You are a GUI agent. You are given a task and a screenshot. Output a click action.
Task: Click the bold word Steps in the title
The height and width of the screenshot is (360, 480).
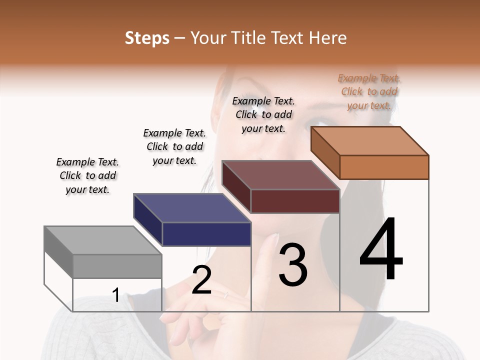[147, 38]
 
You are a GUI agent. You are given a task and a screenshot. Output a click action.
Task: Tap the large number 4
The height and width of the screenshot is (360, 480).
[381, 250]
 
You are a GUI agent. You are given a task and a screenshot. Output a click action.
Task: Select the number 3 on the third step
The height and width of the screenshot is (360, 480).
[293, 265]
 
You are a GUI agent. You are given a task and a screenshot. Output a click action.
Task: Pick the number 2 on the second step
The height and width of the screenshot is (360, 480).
[201, 280]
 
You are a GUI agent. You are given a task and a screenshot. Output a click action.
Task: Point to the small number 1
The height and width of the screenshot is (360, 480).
[115, 295]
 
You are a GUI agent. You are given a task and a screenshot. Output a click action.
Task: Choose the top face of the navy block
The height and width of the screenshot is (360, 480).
[192, 208]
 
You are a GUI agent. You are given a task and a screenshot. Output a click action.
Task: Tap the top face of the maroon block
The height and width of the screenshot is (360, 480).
[280, 175]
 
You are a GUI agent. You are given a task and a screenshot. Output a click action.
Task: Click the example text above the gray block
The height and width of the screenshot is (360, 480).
[87, 175]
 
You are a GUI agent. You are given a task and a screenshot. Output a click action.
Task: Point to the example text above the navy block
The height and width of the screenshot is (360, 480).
[174, 146]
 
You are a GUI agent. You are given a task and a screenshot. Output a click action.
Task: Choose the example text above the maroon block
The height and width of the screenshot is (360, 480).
[263, 114]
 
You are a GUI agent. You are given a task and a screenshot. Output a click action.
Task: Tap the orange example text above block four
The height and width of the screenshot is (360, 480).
[369, 91]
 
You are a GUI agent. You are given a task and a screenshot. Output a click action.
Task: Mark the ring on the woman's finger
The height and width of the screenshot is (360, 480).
[225, 295]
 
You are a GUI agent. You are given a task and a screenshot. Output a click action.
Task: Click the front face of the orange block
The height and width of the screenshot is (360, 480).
[384, 167]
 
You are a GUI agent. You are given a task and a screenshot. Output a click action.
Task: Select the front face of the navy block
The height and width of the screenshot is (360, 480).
[206, 234]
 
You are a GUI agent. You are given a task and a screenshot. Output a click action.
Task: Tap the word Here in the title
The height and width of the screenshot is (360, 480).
[328, 38]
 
